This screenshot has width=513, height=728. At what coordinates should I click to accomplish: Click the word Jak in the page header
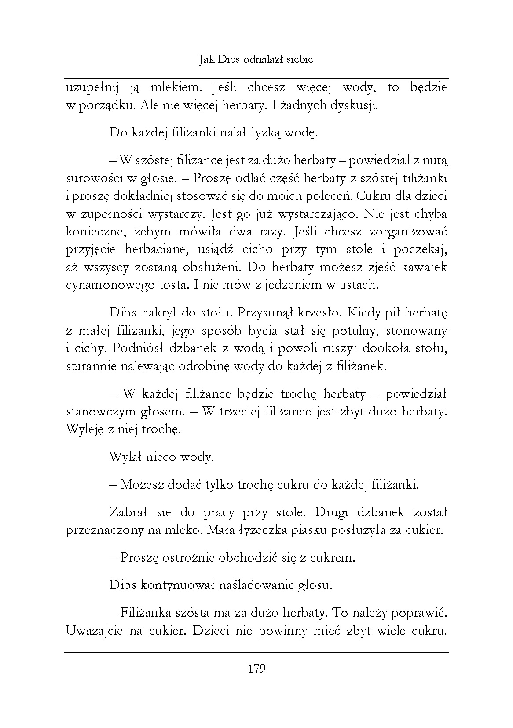pos(206,59)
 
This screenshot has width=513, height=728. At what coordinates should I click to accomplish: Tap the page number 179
pos(256,669)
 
